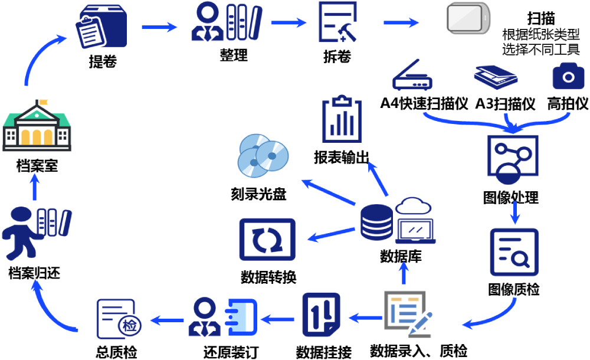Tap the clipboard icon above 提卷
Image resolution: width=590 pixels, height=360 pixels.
[x=101, y=28]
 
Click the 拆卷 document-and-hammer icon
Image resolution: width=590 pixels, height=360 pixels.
[x=337, y=24]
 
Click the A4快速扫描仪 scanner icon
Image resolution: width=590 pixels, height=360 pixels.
[x=414, y=75]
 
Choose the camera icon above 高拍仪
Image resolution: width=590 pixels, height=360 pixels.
[x=568, y=77]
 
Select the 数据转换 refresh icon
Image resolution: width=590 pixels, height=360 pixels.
[x=267, y=240]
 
